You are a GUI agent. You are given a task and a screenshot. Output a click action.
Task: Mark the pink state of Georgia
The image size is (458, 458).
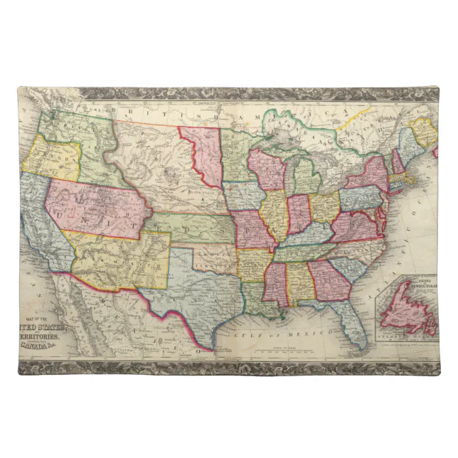tap(323, 280)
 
